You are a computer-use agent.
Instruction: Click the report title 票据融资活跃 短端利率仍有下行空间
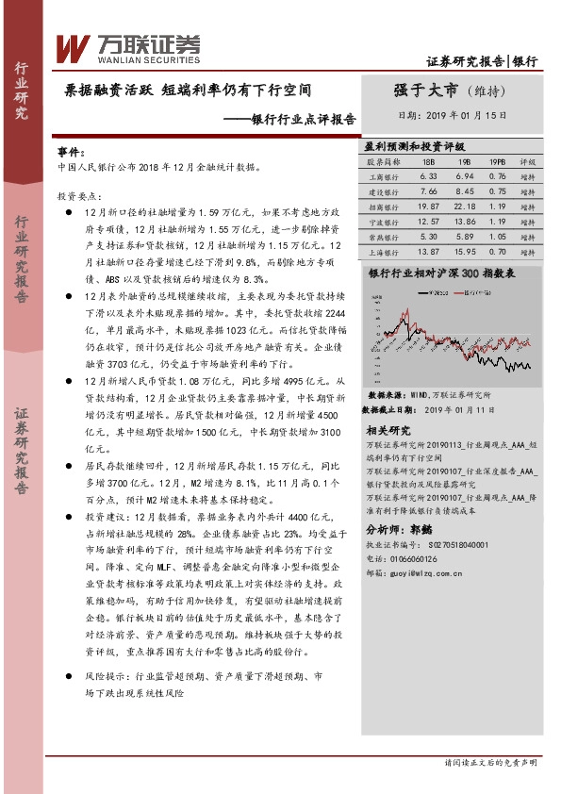click(189, 91)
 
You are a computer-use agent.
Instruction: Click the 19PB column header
click(497, 162)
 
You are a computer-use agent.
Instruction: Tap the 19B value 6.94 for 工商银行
click(464, 176)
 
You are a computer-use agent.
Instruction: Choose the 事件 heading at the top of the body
click(71, 151)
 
